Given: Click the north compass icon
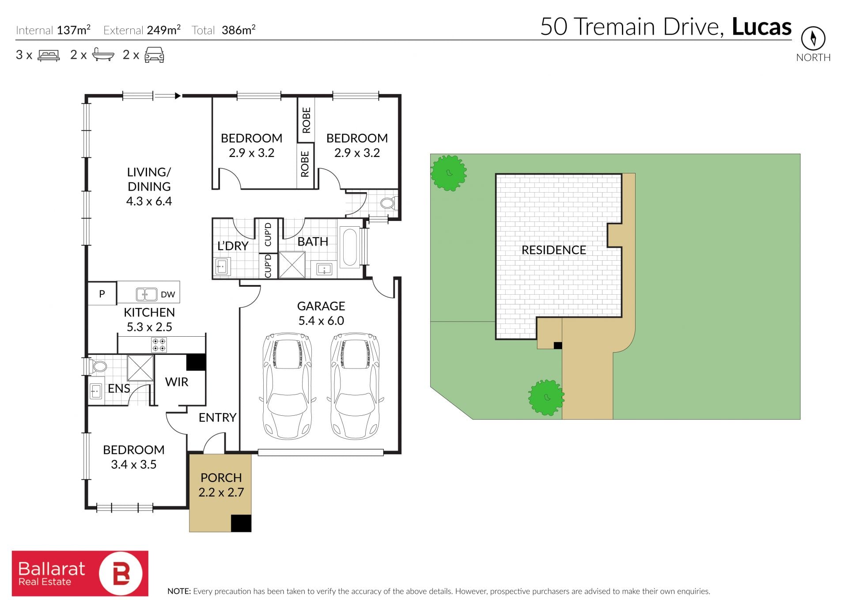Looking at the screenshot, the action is tap(813, 38).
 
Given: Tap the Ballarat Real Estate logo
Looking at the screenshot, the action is tap(80, 573).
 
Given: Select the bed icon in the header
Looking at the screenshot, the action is tap(49, 55).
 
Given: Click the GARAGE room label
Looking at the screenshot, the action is tap(321, 306).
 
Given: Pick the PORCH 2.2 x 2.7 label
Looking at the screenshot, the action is tap(221, 485).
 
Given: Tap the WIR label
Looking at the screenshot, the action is tap(177, 382).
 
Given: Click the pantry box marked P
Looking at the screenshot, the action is tap(102, 293).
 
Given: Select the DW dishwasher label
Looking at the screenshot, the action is tap(168, 295).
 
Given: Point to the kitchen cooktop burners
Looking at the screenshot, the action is tap(159, 345).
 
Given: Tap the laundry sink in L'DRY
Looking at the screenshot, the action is tap(222, 267).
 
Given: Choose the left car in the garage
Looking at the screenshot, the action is tap(288, 386).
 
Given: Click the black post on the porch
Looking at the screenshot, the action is tap(241, 523).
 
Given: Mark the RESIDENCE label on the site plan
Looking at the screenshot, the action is tap(554, 250).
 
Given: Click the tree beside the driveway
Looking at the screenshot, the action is tap(546, 398).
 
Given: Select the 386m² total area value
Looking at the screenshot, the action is tap(238, 30).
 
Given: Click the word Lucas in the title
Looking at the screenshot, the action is tap(762, 27).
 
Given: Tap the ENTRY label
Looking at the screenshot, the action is tap(217, 418).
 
